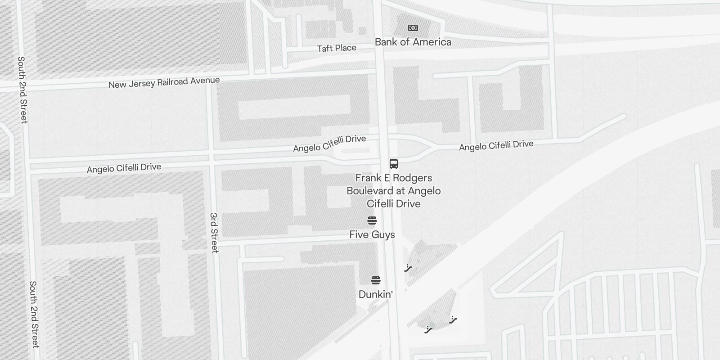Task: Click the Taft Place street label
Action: (x=337, y=48)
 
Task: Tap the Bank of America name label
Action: (x=413, y=42)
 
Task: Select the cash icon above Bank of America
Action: (x=413, y=28)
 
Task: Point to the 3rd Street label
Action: (x=214, y=233)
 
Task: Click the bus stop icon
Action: (x=394, y=163)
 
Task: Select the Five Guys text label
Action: (x=372, y=234)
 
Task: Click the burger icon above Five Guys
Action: (x=372, y=220)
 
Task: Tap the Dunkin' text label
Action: (x=376, y=294)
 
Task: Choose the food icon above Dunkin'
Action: (x=376, y=280)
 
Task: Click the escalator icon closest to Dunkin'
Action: (x=408, y=268)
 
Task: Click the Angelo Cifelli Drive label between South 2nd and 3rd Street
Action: (x=124, y=168)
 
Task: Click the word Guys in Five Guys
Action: (x=383, y=234)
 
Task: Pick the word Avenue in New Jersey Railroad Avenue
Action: (x=205, y=81)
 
